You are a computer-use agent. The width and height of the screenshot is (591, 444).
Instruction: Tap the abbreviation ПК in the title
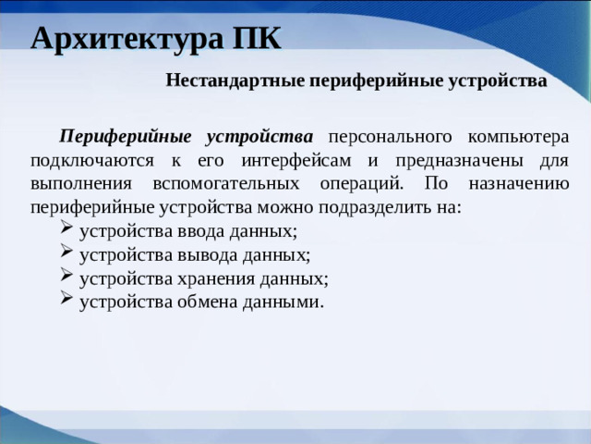pos(252,39)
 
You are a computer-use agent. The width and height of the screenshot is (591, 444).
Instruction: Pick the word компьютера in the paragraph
pos(518,136)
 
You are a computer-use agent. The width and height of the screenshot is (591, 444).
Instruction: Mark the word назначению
pos(519,182)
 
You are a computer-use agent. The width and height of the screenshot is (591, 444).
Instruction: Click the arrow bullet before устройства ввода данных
pos(66,229)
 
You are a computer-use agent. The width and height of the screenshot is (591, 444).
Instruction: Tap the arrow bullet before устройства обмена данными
pos(66,300)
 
